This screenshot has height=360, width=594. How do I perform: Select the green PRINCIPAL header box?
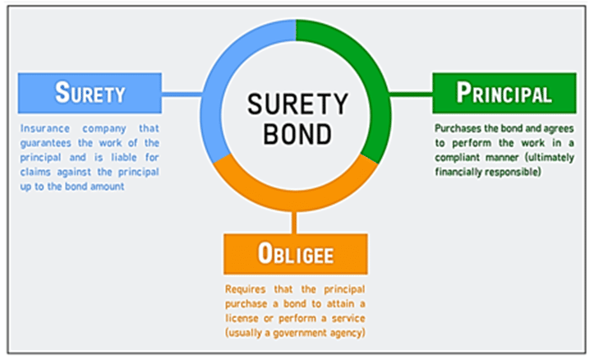[504, 93]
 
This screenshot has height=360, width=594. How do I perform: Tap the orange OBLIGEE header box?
[296, 253]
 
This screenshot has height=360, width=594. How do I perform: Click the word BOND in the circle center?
[297, 131]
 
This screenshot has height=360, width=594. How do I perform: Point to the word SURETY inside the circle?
[297, 104]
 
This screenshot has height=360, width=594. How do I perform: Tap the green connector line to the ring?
[408, 94]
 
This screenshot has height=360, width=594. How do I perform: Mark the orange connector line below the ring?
[295, 220]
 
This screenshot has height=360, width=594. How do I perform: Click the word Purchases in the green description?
[459, 129]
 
